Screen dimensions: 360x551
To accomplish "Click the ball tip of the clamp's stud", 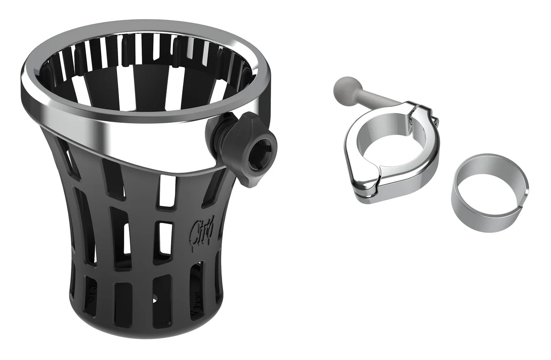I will point(343,87).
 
